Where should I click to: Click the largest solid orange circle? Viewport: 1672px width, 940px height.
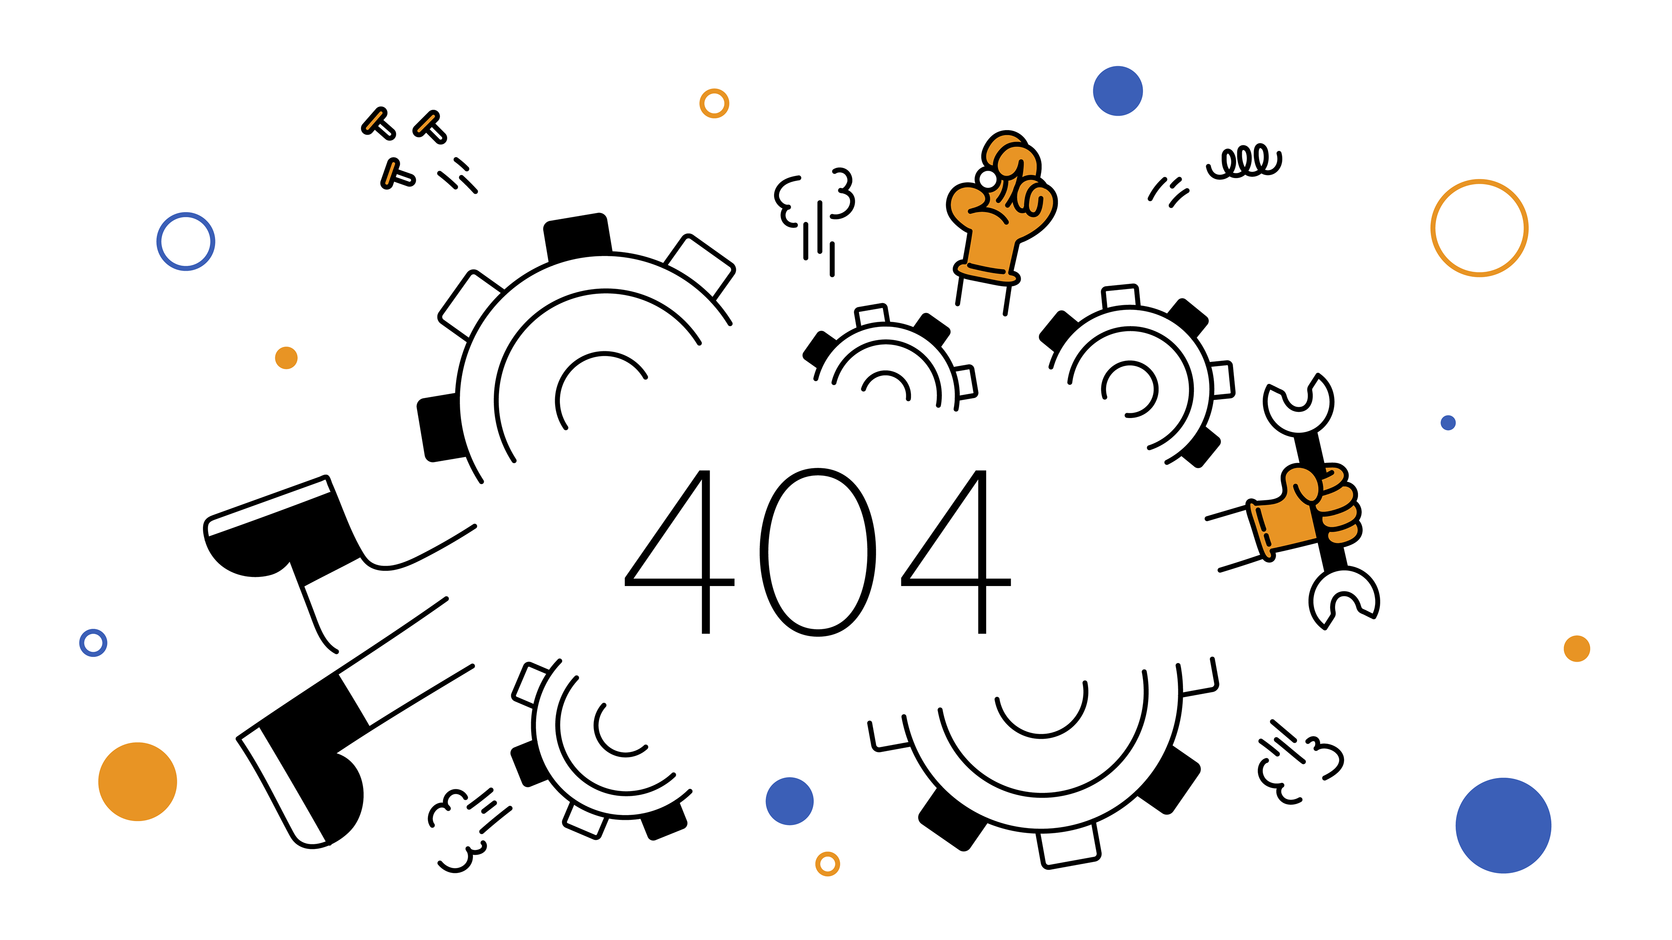[138, 782]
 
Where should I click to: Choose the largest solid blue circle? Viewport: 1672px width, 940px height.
[1503, 825]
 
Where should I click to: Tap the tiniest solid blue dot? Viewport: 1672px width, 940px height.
[1448, 423]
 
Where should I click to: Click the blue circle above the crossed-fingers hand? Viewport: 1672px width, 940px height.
[1118, 91]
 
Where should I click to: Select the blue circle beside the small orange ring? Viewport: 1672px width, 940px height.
[789, 801]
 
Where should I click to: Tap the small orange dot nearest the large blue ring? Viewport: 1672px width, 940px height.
[286, 358]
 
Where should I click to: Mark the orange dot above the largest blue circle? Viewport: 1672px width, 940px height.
[1577, 649]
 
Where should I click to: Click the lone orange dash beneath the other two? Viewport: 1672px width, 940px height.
[390, 173]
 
